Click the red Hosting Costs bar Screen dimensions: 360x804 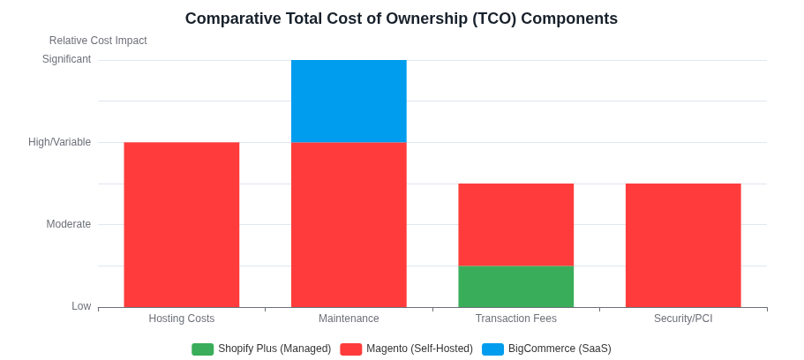tap(181, 224)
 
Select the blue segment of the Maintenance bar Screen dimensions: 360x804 tap(349, 101)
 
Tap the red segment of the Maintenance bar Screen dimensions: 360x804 tap(349, 224)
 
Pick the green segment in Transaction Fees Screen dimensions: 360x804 tap(515, 286)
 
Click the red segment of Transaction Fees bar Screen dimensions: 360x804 tap(515, 224)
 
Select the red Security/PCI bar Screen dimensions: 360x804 tap(683, 244)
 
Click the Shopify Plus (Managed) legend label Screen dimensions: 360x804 tap(274, 349)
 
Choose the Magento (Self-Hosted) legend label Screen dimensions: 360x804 tap(419, 349)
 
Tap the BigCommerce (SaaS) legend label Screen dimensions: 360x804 tap(560, 349)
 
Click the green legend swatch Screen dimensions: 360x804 tap(202, 349)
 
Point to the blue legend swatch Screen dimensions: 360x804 tap(492, 349)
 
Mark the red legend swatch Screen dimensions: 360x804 tap(350, 349)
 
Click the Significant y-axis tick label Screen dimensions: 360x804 tap(66, 59)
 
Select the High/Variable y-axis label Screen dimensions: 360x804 tap(59, 142)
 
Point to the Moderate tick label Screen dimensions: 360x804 tap(68, 224)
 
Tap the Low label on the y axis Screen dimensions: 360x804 tap(81, 306)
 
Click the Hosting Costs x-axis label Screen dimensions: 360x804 tap(181, 319)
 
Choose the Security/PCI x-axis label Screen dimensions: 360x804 tap(683, 319)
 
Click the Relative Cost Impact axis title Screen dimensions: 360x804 tap(98, 41)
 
